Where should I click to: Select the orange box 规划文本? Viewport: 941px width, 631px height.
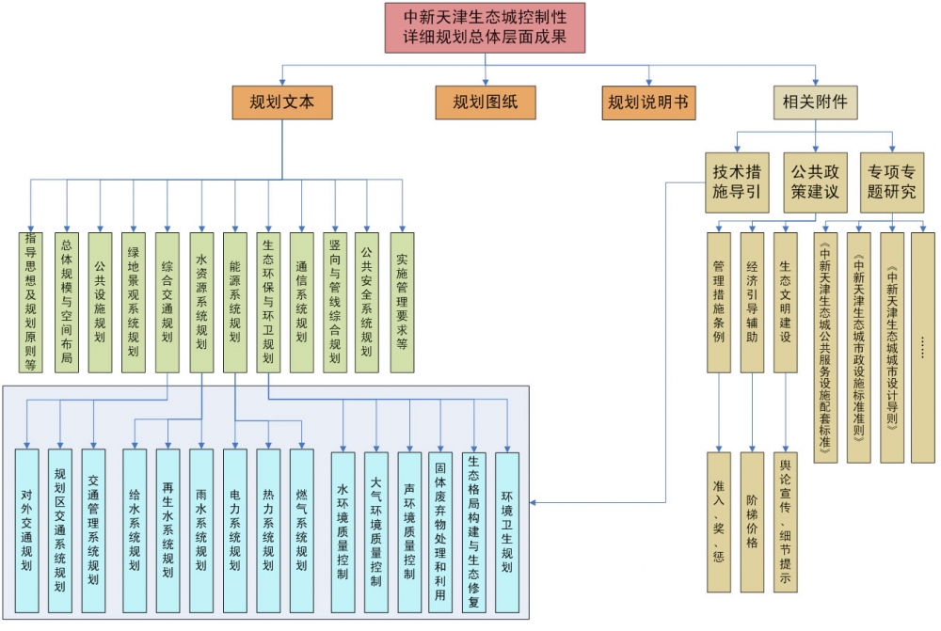click(x=282, y=103)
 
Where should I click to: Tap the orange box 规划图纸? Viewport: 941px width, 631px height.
click(x=485, y=103)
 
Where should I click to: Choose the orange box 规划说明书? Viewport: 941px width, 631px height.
click(x=649, y=103)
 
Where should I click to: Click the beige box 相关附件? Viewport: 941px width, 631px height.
click(x=815, y=103)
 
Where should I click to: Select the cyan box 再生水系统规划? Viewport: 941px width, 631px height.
click(x=167, y=531)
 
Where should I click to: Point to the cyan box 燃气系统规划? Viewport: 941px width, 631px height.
click(x=301, y=531)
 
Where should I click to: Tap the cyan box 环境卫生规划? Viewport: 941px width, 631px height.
click(x=507, y=531)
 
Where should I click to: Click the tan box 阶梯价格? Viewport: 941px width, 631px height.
click(x=752, y=522)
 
